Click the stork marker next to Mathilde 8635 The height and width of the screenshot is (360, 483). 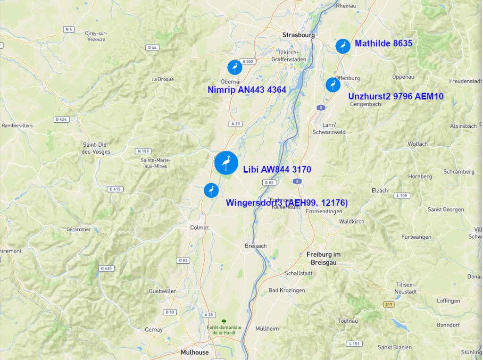(343, 46)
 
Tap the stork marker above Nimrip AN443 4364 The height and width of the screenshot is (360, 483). (234, 67)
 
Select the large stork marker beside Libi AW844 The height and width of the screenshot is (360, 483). (226, 163)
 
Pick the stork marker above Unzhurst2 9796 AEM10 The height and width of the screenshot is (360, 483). (333, 84)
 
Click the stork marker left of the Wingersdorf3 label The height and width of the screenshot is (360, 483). (211, 190)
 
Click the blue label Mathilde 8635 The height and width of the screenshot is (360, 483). (383, 44)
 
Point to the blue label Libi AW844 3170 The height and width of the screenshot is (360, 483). (277, 170)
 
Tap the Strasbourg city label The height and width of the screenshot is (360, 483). (298, 35)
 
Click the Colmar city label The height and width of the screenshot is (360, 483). (199, 227)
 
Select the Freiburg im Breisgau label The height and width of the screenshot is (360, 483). (323, 259)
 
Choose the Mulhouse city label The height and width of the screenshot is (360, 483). (194, 352)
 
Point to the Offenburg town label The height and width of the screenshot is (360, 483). (348, 78)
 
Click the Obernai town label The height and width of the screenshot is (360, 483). (231, 81)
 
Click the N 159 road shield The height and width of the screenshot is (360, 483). (142, 151)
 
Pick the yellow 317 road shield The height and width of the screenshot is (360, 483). (388, 304)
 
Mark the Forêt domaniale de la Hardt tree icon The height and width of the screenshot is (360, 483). (224, 321)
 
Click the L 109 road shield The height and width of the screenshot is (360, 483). (402, 195)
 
